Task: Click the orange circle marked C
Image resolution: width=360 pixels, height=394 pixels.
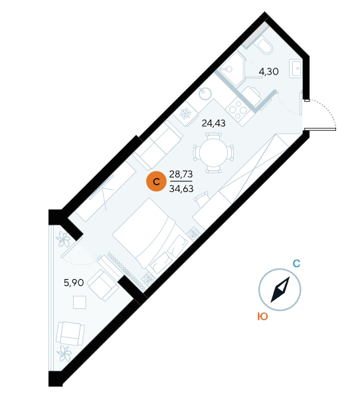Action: (156, 181)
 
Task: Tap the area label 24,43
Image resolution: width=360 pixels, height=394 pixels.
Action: (213, 124)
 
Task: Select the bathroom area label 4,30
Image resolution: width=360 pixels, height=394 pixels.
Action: (268, 72)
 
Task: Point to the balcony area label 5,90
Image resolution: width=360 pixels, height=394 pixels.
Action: (74, 283)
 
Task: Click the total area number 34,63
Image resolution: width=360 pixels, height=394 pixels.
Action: (181, 189)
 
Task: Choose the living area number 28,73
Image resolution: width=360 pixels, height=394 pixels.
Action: (181, 174)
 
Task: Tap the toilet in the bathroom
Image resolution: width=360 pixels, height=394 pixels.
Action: (263, 45)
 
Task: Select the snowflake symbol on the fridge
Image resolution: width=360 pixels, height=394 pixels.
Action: (185, 114)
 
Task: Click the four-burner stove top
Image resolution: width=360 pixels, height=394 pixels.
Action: (237, 110)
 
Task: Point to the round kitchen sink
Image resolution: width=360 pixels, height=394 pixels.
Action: (205, 94)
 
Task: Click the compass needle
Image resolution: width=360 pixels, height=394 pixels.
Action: (280, 290)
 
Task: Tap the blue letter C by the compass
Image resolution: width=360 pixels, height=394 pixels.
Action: (296, 264)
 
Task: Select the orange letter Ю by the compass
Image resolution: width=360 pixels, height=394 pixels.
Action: (262, 316)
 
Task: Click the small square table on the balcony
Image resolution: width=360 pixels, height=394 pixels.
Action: (80, 302)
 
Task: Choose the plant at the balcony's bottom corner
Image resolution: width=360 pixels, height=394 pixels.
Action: (64, 353)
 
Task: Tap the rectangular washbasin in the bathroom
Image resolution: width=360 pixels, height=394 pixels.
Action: (296, 68)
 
